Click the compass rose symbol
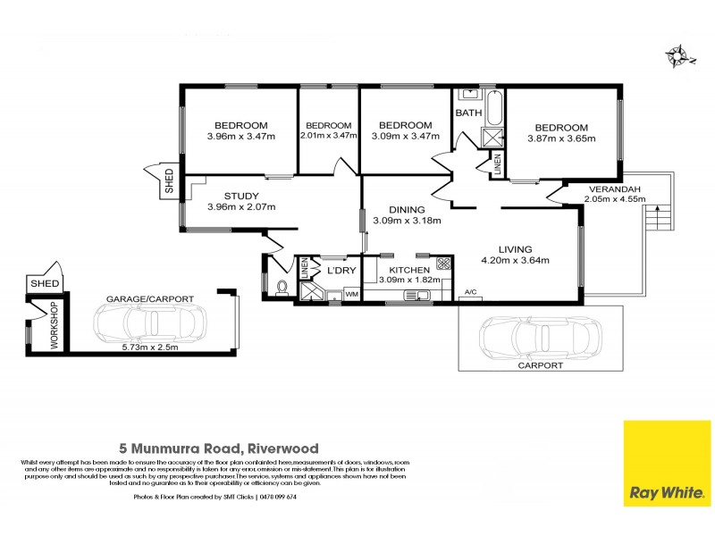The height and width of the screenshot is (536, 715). [x=678, y=54]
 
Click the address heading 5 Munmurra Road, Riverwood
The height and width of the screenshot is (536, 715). [x=219, y=448]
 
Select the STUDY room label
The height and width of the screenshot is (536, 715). [x=241, y=196]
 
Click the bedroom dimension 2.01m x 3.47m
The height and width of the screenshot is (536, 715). [x=328, y=137]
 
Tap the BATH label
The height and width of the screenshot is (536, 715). [x=469, y=113]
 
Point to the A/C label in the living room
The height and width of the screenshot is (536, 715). [x=470, y=293]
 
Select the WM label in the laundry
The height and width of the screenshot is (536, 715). [x=351, y=294]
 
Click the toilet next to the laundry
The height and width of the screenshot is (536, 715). [x=282, y=288]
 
